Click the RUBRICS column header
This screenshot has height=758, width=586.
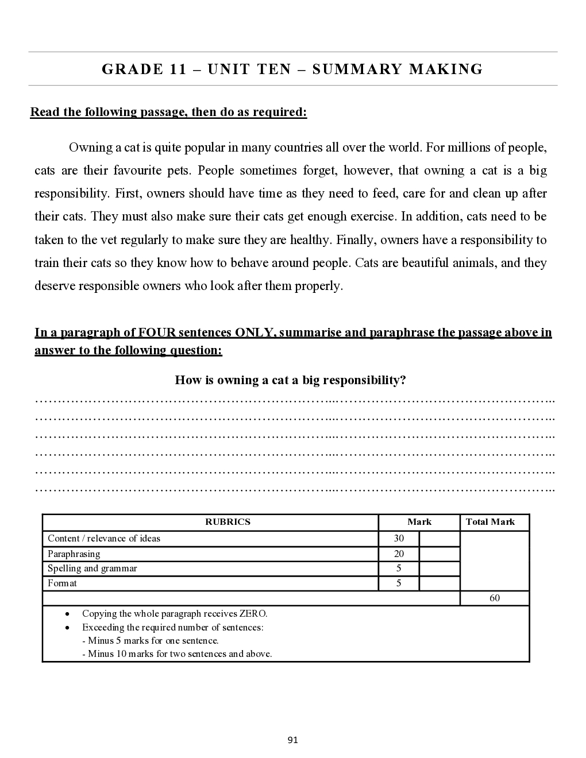pos(228,522)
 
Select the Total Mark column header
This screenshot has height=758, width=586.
pos(490,522)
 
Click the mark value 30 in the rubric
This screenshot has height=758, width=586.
pos(399,539)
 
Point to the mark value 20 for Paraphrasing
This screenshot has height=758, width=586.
pos(399,554)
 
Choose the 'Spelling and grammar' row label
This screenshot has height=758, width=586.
pos(92,568)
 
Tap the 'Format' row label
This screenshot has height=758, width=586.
pos(62,583)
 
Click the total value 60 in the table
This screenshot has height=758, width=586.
pos(495,598)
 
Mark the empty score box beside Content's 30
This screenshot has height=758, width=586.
pos(439,539)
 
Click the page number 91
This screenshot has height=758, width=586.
pos(292,740)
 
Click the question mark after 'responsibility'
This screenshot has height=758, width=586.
pos(403,380)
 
